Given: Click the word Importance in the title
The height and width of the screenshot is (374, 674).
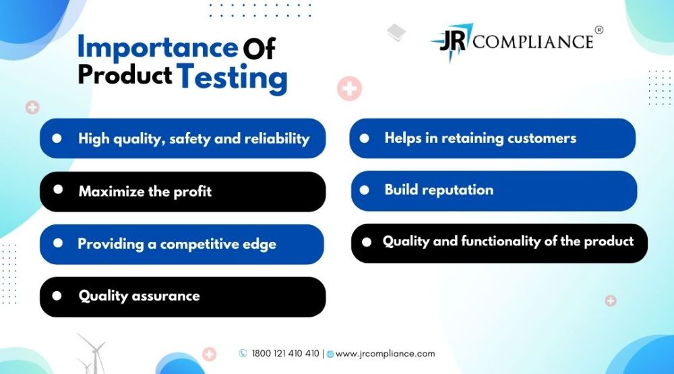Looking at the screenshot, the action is [x=157, y=48].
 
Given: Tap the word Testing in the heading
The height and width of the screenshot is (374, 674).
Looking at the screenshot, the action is [x=232, y=77].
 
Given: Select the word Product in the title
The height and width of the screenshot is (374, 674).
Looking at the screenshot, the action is [x=125, y=75].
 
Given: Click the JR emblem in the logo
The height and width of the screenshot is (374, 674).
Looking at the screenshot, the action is [x=452, y=41].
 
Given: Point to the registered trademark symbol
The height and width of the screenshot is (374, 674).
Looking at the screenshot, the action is [x=599, y=30].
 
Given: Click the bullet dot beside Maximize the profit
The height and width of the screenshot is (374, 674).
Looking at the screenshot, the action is [x=58, y=189].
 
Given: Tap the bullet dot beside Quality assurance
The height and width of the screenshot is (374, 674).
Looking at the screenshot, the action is [x=57, y=296].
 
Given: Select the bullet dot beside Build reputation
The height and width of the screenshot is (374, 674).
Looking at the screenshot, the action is [x=364, y=190].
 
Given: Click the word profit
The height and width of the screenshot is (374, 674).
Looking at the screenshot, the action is [x=192, y=192].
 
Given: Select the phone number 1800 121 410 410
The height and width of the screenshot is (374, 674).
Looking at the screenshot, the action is [x=285, y=353].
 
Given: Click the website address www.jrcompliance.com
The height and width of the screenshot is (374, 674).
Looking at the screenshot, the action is [x=385, y=354].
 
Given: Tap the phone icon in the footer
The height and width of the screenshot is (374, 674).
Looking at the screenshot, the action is [x=243, y=353].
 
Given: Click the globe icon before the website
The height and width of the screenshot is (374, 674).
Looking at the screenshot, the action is [x=330, y=354].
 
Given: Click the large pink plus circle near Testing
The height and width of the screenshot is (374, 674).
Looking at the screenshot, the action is [x=349, y=88].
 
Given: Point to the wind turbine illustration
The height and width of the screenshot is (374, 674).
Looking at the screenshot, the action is [x=92, y=354].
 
